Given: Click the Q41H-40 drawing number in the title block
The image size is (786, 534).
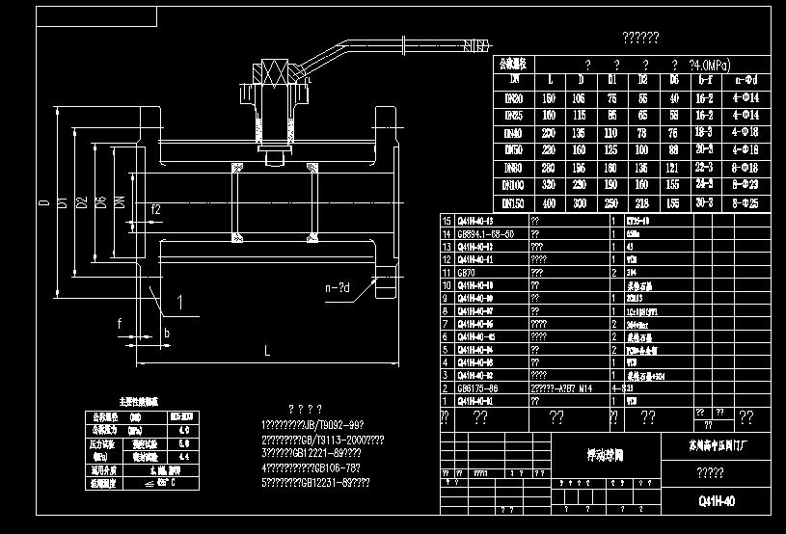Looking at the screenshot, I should pos(716,501).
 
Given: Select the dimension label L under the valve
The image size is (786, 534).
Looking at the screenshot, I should pos(267,353).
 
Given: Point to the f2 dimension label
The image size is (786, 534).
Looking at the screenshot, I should pos(155,209).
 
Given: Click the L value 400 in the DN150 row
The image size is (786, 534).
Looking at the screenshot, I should pos(549,202).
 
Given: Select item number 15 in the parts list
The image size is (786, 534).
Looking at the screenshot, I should pos(446,221).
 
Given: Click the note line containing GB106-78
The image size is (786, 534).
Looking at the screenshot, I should pos(318,467).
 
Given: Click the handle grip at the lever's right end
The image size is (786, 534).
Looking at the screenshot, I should pos(474,42).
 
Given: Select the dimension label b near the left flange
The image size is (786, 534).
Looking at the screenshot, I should pos(167,333).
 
